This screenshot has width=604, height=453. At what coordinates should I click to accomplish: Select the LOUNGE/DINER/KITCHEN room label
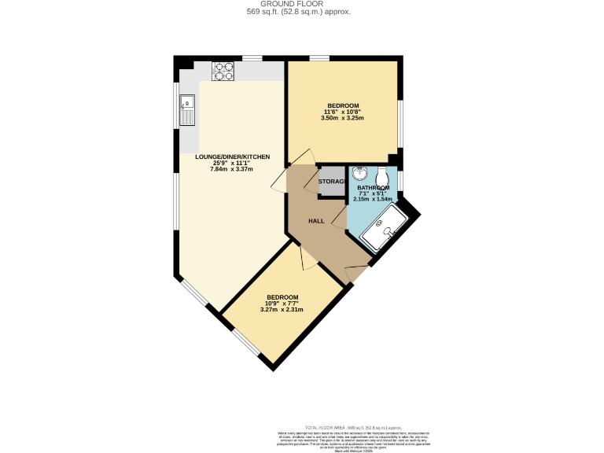(232, 157)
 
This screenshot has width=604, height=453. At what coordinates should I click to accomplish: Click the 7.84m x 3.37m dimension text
(232, 169)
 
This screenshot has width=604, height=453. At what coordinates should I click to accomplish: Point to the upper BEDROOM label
(343, 105)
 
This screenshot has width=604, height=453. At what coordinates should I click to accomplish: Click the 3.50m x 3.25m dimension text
(343, 118)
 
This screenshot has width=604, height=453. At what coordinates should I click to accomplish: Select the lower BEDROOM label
(282, 296)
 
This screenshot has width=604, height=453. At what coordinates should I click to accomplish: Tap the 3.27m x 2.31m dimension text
(282, 309)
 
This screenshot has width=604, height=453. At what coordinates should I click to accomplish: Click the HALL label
(316, 221)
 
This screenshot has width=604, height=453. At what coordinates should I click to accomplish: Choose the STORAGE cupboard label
(332, 182)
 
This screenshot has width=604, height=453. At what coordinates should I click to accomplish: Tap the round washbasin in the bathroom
(359, 174)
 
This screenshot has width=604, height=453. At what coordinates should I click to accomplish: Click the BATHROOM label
(374, 189)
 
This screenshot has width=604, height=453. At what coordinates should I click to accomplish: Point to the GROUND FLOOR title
(302, 4)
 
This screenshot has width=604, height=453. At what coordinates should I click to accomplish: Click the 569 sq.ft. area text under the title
(302, 12)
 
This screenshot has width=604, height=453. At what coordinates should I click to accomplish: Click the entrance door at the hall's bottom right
(357, 274)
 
